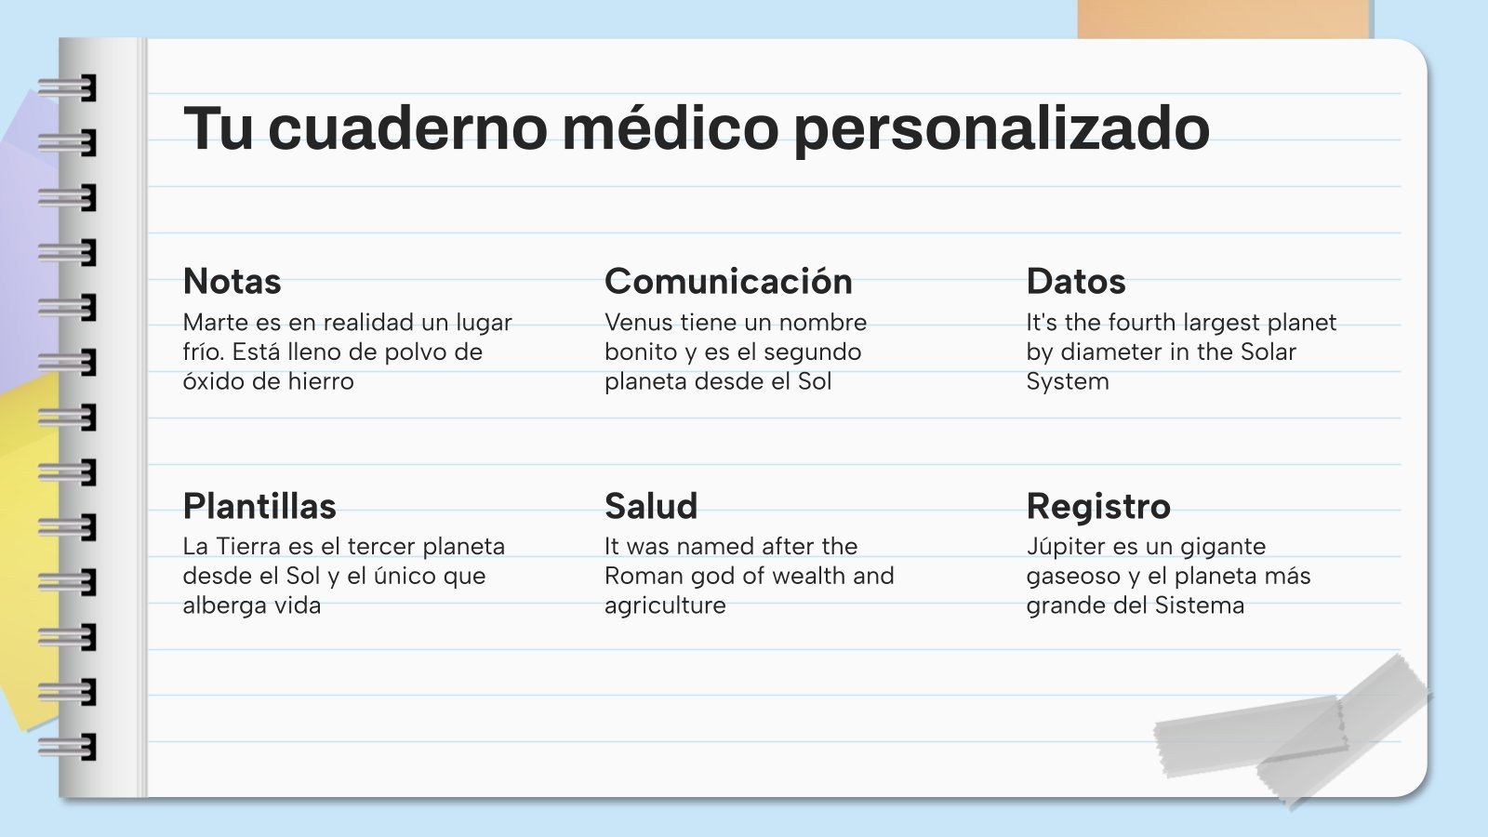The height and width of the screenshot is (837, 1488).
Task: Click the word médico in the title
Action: [670, 127]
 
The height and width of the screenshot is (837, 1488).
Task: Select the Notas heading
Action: [232, 281]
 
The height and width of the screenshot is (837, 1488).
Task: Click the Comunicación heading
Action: [728, 281]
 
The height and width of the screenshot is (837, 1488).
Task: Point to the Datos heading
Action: [1075, 281]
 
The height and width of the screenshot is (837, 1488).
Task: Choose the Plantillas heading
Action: [259, 506]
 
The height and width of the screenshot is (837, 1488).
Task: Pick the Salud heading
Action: [651, 506]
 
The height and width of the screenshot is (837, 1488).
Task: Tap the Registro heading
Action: [1098, 507]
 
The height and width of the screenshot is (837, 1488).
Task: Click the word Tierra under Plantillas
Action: [248, 546]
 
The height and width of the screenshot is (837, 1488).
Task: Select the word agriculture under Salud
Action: [665, 605]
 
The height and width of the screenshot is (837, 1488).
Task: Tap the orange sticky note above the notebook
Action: [1224, 19]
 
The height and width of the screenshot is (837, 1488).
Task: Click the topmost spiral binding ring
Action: [68, 89]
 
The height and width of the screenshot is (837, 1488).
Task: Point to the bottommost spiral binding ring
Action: [68, 746]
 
